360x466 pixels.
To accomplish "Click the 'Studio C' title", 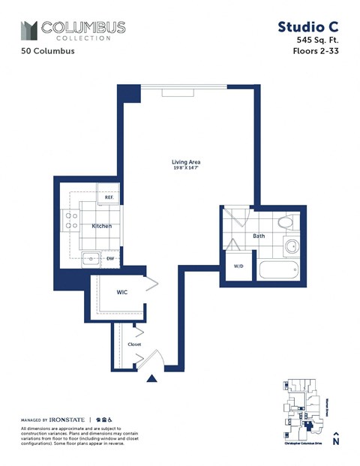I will (309, 28).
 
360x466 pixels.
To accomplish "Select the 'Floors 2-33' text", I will (316, 53).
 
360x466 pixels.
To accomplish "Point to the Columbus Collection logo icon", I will (29, 30).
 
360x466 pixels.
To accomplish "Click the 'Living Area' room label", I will (186, 162).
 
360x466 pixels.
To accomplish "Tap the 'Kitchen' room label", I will (102, 226).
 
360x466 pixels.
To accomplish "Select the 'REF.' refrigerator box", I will (109, 197).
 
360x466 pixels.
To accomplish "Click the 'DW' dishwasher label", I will (109, 259).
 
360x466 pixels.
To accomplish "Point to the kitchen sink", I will (91, 260).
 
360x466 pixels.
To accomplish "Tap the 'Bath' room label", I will (259, 236).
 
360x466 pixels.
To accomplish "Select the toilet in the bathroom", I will (286, 222).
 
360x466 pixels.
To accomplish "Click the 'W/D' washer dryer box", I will (239, 266).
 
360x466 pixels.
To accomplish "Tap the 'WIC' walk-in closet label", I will (122, 292).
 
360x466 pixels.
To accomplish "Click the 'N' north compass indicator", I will (336, 443).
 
